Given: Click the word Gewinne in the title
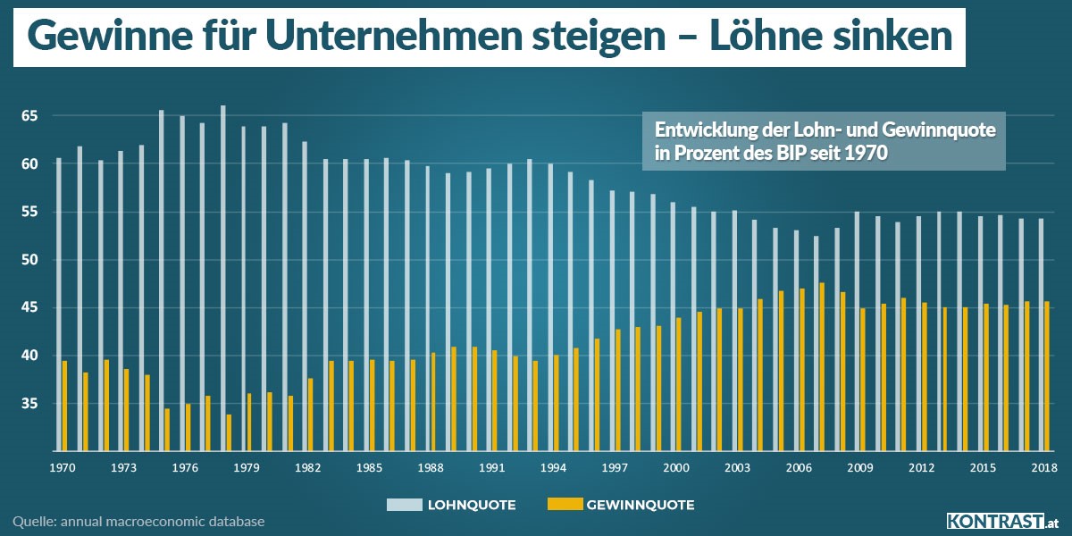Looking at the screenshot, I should (98, 36).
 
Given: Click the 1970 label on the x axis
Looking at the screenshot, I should (62, 467).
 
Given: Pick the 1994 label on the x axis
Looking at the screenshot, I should (553, 467).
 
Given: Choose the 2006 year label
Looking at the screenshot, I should (799, 467).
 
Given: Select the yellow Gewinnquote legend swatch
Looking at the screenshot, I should (563, 505).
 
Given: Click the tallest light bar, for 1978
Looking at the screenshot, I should (222, 278).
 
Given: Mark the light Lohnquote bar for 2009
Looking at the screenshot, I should (857, 331).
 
